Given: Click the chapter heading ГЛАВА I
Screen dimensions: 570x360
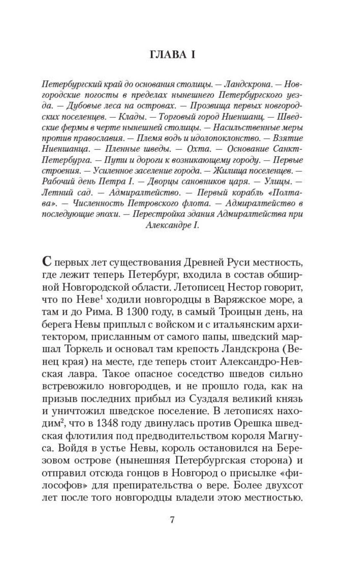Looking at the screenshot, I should pyautogui.click(x=172, y=55).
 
